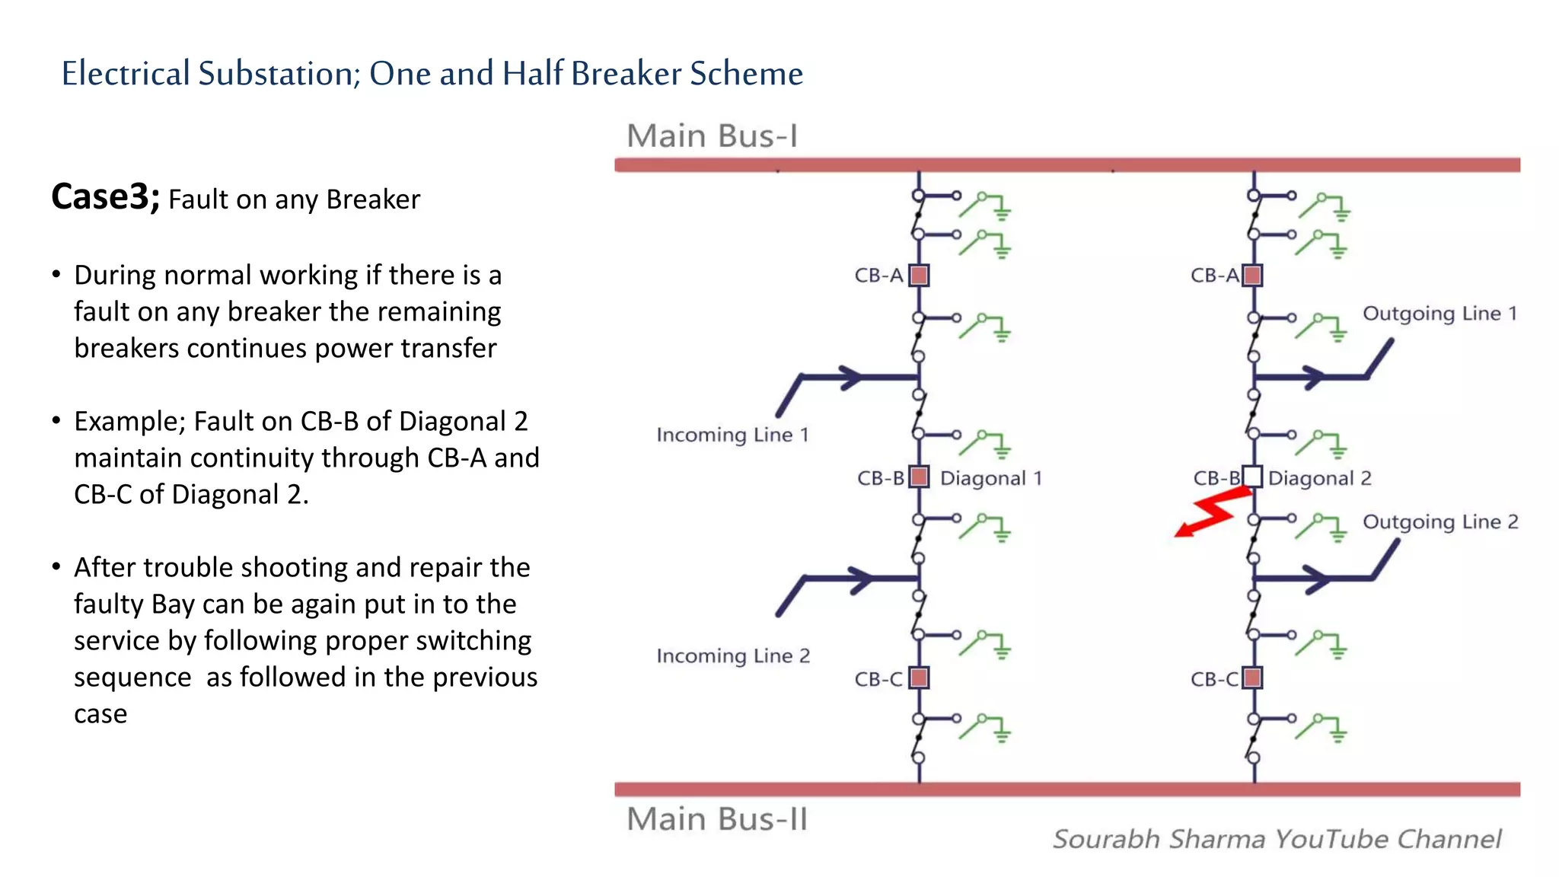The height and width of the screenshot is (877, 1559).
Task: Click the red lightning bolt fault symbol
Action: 1212,512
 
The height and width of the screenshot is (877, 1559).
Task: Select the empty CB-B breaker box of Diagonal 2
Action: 1252,477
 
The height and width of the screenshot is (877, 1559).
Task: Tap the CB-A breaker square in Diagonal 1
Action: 920,275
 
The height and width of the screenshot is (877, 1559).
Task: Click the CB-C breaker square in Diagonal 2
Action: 1252,678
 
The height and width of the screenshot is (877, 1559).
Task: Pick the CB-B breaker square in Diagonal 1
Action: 920,477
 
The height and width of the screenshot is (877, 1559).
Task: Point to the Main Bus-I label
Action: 712,136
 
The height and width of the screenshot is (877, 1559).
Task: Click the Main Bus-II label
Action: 716,819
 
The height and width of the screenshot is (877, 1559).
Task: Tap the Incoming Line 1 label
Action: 732,435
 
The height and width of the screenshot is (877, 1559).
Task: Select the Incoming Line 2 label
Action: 733,655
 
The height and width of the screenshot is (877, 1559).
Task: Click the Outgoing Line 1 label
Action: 1439,314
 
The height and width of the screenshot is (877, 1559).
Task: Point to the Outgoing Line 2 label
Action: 1440,521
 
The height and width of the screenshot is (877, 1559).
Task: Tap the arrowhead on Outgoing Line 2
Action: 1315,579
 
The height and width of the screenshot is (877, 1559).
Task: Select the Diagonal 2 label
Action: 1320,478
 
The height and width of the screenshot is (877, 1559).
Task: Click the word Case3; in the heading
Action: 105,197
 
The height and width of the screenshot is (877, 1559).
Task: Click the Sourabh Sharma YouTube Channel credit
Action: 1277,839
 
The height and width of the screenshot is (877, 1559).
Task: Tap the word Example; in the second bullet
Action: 130,422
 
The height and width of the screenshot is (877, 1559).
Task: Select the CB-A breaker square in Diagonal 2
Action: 1252,275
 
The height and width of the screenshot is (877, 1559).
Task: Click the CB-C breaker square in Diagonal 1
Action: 920,678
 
